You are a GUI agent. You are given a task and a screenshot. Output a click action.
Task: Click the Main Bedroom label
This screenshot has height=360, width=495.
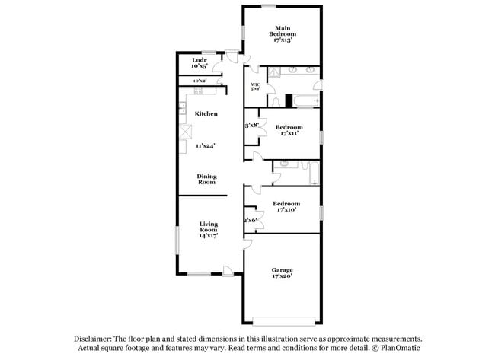(283, 33)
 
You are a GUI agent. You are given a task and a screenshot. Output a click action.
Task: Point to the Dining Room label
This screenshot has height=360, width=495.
(207, 179)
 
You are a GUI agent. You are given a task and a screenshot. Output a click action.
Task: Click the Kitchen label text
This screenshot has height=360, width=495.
(206, 113)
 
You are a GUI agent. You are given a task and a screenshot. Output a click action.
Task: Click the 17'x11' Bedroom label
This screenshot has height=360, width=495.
(289, 129)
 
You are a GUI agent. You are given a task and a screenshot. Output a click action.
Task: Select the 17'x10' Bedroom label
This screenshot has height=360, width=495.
(286, 206)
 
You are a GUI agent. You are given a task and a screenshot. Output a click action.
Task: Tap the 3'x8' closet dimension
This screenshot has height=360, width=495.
(251, 124)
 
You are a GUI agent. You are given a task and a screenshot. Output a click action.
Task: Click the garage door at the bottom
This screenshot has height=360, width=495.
(284, 318)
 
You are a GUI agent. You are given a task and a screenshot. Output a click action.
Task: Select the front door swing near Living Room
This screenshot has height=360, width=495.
(227, 269)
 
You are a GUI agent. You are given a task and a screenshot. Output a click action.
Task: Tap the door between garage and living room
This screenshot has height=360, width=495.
(247, 244)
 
